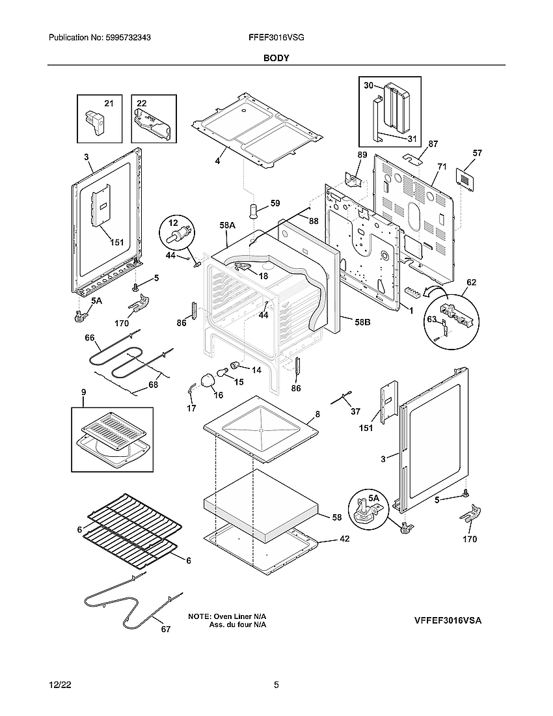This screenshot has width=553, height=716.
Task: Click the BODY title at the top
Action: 276,58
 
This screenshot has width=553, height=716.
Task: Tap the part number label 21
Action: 109,103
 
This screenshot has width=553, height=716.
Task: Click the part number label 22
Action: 141,103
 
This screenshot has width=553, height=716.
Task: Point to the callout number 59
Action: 275,204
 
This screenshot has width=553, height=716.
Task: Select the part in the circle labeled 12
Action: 178,232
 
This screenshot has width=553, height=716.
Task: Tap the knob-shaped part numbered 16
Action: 208,379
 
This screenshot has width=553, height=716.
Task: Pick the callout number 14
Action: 256,370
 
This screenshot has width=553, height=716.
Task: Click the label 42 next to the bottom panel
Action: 344,540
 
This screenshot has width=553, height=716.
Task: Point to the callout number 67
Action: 165,629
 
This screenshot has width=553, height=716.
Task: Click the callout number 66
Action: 90,338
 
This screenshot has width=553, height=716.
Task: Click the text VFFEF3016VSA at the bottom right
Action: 448,621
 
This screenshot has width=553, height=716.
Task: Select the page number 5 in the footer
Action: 276,685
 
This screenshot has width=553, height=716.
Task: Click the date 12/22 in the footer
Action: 60,685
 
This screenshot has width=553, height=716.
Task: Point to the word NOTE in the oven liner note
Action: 199,616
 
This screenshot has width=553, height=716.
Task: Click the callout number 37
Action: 355,411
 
